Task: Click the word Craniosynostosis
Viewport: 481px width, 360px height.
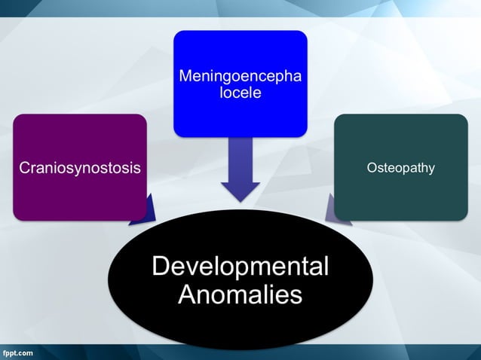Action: (x=80, y=168)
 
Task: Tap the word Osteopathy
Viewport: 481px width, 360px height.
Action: (x=400, y=167)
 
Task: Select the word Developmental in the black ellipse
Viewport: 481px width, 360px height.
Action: (x=240, y=267)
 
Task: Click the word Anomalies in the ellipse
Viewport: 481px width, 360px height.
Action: (x=240, y=294)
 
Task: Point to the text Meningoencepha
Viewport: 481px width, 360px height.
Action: (x=240, y=78)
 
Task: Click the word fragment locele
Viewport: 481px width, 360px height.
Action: (x=240, y=93)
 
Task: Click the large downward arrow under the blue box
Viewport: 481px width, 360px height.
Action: (x=240, y=169)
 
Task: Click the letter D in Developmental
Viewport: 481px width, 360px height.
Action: (x=160, y=267)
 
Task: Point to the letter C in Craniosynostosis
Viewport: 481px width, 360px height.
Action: (x=25, y=168)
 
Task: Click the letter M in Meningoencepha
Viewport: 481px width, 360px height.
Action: (x=185, y=78)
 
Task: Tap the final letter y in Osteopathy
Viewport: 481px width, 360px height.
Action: (x=431, y=169)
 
